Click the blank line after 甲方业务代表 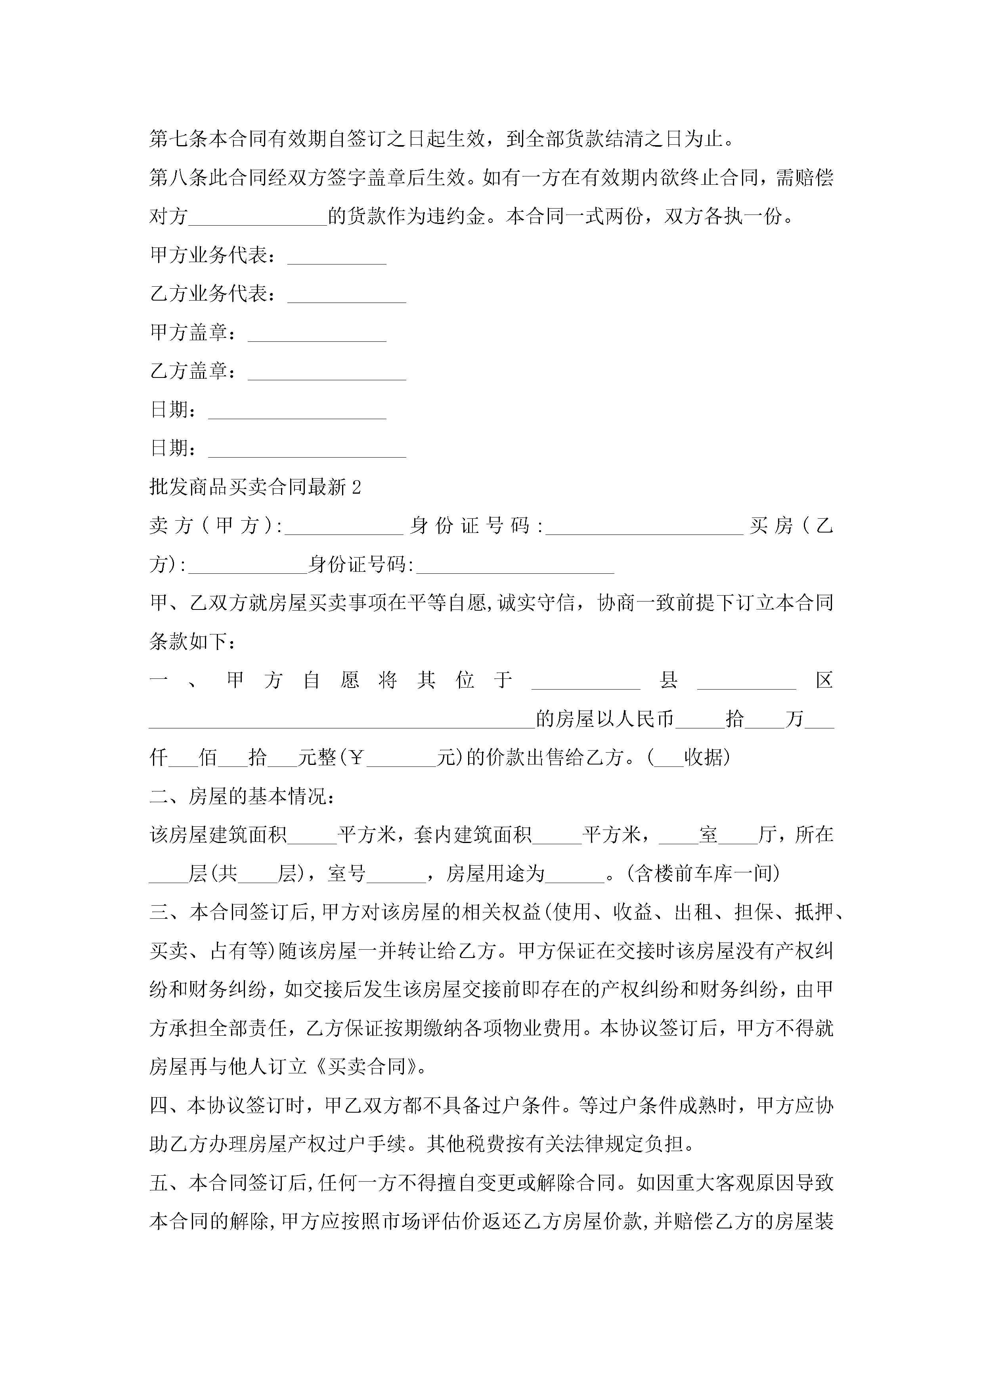337,259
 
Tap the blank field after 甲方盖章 317,336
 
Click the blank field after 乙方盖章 327,374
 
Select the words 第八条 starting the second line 179,178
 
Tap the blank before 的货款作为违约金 258,219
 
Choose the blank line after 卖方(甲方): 343,529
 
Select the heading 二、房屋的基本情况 241,797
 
